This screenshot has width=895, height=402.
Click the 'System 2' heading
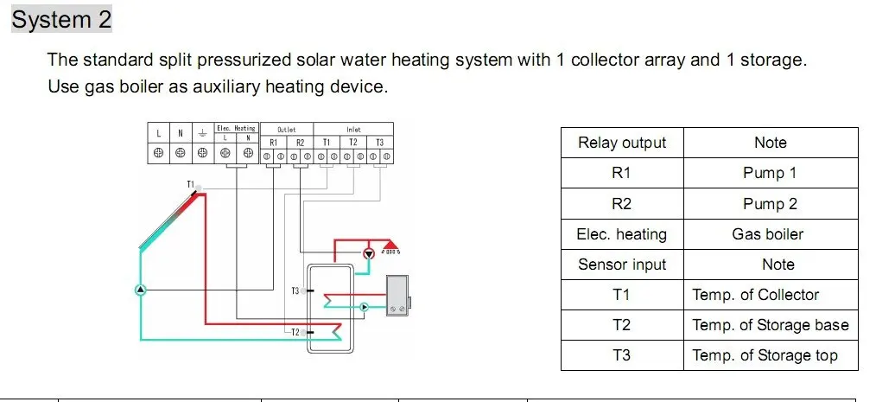point(61,19)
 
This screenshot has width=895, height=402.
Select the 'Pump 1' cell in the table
point(770,173)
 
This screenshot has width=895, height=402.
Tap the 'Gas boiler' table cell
point(770,234)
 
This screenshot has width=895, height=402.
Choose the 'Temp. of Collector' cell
point(756,295)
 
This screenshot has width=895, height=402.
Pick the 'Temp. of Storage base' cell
point(770,325)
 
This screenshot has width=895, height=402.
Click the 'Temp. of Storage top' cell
point(765,355)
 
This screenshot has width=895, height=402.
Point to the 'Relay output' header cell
point(622,143)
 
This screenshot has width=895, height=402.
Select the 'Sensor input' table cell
point(622,265)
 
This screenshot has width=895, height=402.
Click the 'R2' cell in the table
point(622,204)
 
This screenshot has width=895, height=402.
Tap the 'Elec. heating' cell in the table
point(622,234)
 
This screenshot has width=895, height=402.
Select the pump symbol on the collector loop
point(140,290)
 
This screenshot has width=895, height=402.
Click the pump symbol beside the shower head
point(369,253)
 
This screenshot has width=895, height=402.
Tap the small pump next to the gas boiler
point(364,306)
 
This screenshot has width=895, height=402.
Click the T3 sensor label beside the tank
point(295,290)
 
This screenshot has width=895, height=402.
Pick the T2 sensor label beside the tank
point(295,332)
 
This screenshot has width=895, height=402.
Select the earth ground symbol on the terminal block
point(201,133)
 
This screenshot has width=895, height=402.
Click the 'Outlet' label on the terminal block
point(286,129)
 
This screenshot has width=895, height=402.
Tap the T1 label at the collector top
point(190,184)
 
